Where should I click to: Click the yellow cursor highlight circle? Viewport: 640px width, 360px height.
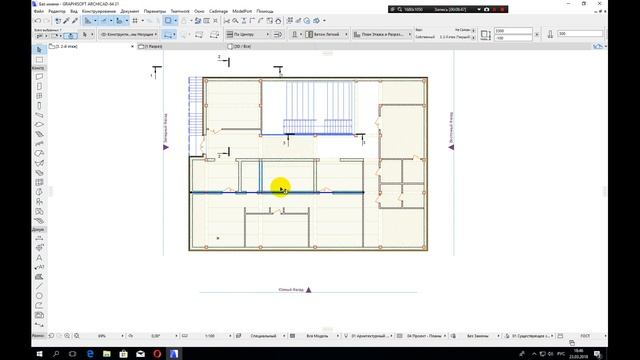280,187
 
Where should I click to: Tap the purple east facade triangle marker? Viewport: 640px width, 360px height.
452,146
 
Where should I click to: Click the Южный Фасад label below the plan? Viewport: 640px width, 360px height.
291,290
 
